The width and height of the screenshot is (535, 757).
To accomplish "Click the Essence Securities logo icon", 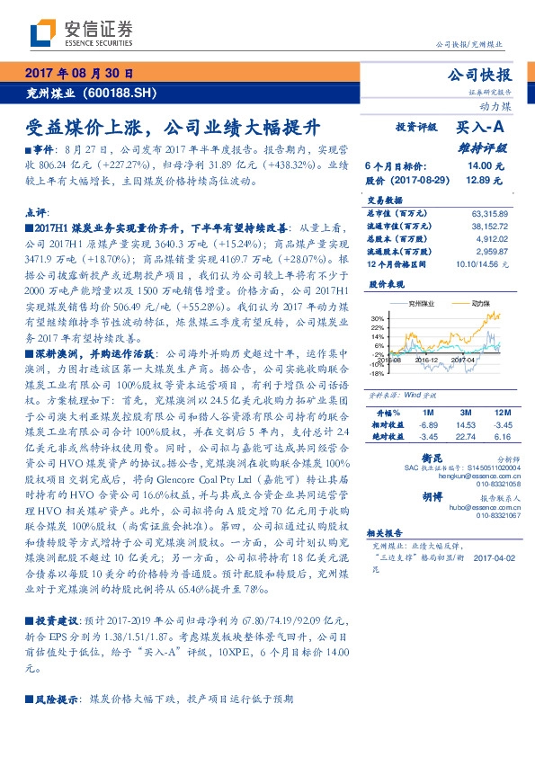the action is point(42,33).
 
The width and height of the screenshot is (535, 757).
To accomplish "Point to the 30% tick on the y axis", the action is point(377,318).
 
